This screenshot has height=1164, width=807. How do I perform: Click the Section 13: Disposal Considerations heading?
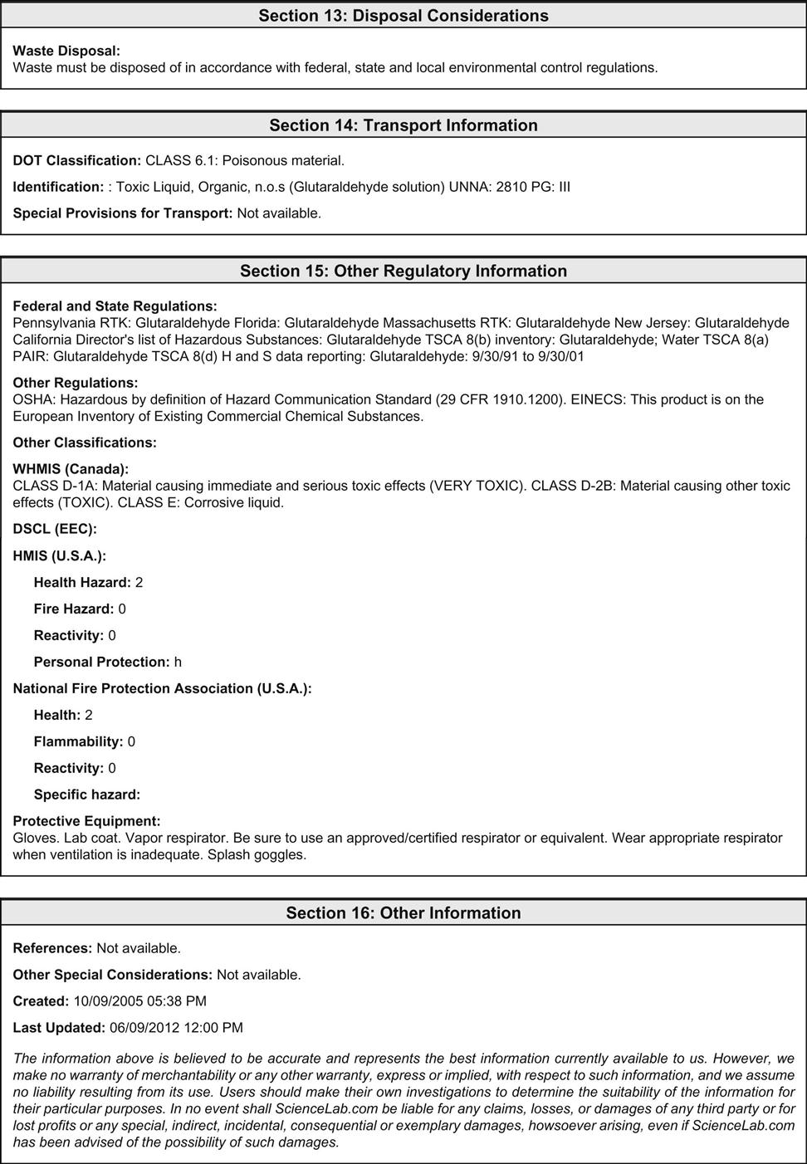pos(403,16)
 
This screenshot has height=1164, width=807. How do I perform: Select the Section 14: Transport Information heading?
pos(403,125)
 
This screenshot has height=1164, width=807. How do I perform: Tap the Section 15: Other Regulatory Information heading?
pos(403,271)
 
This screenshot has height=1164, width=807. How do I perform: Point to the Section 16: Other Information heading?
pos(403,913)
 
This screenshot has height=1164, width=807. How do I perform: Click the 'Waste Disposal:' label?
pos(66,51)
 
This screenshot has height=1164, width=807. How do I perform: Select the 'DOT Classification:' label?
pos(77,160)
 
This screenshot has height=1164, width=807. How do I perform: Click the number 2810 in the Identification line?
pos(511,187)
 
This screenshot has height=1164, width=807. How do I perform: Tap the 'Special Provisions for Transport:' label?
pos(123,213)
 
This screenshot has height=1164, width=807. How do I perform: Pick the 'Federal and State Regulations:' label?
pos(115,306)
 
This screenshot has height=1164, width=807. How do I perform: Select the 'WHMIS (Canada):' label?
pos(71,469)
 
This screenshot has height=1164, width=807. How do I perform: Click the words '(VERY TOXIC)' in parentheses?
pos(477,486)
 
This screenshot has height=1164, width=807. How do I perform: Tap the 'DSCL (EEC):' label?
pos(55,529)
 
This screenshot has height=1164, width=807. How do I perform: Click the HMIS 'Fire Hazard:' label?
pos(74,609)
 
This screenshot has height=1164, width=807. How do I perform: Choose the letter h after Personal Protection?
pos(178,662)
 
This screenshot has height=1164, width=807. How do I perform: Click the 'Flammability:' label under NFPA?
pos(78,741)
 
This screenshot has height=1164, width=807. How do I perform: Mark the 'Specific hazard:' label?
pos(87,795)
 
